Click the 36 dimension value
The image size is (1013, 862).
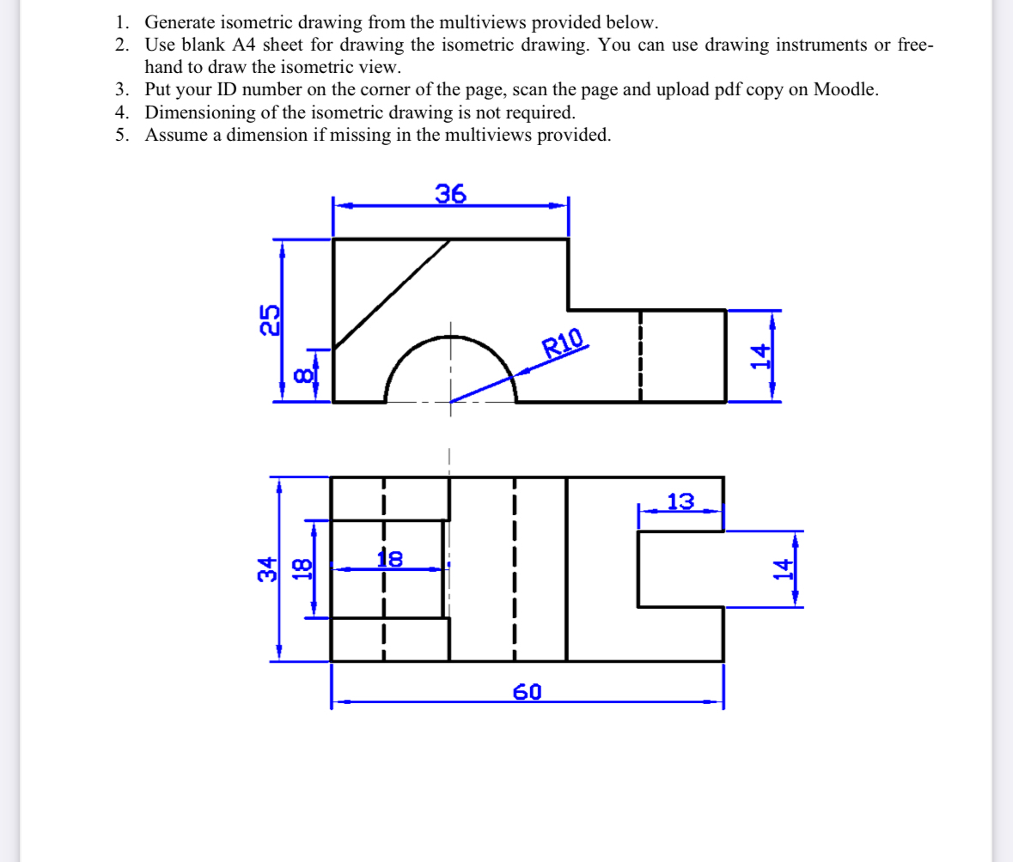(450, 195)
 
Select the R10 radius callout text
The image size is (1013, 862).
(564, 343)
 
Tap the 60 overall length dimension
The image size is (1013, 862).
(528, 692)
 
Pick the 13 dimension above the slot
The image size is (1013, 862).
(680, 501)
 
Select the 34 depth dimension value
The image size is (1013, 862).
(269, 568)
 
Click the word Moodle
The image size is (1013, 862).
(844, 90)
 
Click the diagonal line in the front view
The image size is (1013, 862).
(392, 293)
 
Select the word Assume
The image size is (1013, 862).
(175, 135)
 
